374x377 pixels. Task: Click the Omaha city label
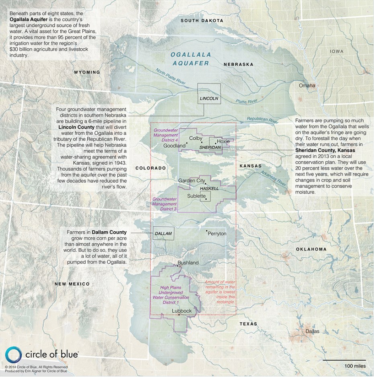coord(307,86)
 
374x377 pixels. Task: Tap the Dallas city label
coord(312,331)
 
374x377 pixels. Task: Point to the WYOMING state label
coord(86,72)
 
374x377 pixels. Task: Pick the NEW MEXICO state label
coord(72,284)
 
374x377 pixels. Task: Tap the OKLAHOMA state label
coord(311,249)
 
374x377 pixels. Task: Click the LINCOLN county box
coord(209,94)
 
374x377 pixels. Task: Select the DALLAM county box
coord(163,233)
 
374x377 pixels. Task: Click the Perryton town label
coord(217,233)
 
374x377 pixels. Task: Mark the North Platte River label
coord(171,76)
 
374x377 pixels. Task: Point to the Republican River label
coord(263,119)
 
